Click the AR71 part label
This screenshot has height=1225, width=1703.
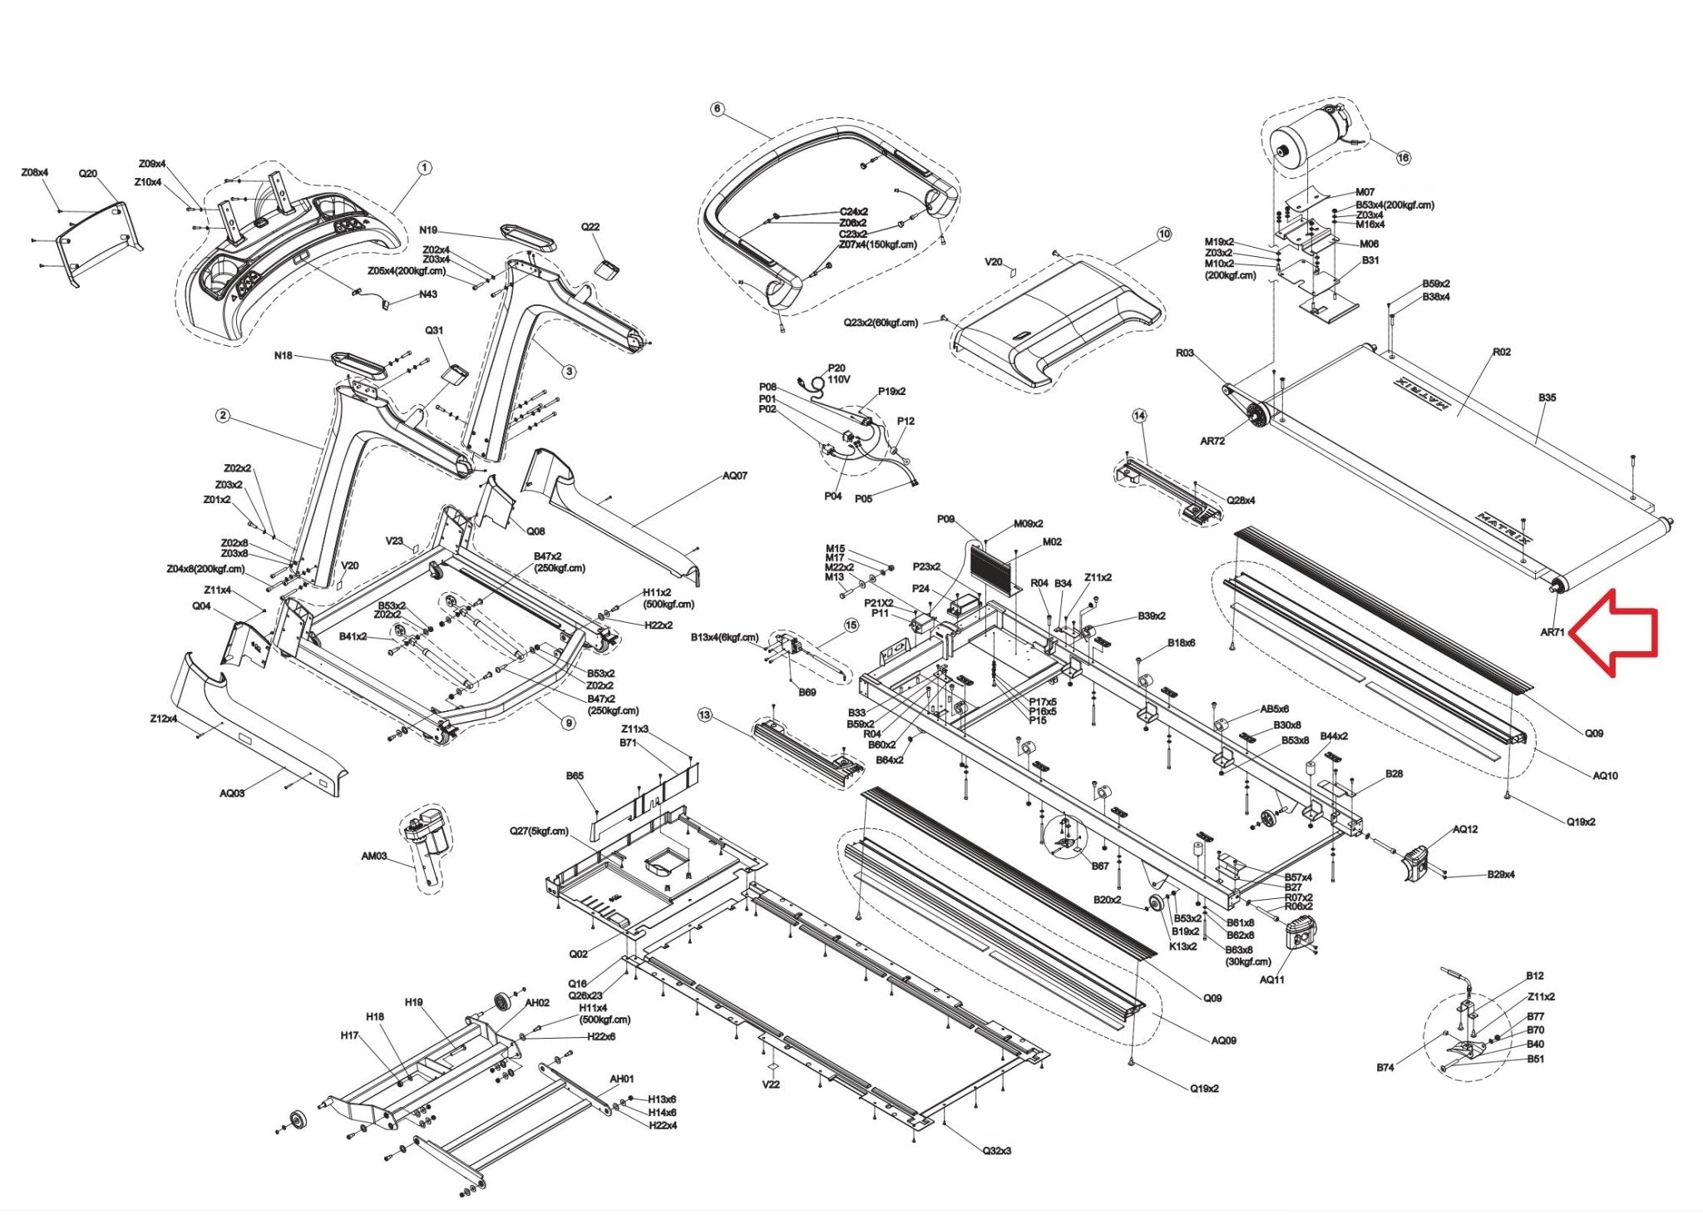click(1552, 632)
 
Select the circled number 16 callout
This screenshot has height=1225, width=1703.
click(1403, 157)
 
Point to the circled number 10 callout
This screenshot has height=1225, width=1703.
click(1163, 235)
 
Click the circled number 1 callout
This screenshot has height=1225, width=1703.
click(424, 168)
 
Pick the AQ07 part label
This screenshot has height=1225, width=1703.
click(734, 476)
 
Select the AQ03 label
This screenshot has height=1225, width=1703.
click(232, 793)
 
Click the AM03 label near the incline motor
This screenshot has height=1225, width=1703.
click(373, 856)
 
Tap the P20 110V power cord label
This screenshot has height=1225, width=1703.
click(837, 373)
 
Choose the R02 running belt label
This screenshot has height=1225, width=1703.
click(1501, 352)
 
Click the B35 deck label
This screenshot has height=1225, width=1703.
click(1547, 398)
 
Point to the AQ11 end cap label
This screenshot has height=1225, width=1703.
click(1271, 979)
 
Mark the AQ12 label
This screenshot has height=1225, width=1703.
click(1465, 829)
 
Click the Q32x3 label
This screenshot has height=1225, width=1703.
click(997, 1150)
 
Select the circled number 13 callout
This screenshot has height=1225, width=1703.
click(705, 715)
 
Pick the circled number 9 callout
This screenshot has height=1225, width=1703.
click(569, 723)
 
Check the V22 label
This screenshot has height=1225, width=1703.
click(771, 1084)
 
